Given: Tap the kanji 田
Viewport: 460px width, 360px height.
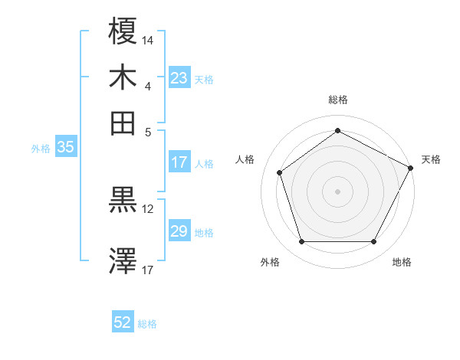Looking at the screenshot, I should (x=123, y=123).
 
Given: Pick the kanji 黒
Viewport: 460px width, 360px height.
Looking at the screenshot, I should (x=123, y=201).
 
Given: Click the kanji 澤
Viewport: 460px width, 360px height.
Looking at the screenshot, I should (x=123, y=260).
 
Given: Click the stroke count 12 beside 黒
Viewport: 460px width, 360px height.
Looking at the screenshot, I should (x=149, y=208).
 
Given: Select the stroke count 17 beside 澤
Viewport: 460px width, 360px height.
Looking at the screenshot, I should (x=149, y=270).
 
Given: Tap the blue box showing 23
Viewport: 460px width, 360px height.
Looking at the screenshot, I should (x=179, y=78).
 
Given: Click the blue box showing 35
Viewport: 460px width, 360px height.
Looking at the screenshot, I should (x=65, y=148).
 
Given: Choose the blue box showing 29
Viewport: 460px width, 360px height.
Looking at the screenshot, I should (x=179, y=231).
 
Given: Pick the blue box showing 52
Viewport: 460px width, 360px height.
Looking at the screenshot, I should (x=123, y=322).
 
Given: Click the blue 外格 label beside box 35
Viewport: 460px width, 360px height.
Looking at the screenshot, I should (x=41, y=149).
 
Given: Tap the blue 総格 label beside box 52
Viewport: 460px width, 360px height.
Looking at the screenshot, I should (x=147, y=324).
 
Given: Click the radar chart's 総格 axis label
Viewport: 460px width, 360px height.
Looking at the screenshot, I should (x=337, y=100).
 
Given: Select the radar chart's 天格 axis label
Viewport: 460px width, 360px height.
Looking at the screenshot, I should (x=431, y=159).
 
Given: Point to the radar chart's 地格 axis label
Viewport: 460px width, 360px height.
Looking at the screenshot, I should (x=402, y=262).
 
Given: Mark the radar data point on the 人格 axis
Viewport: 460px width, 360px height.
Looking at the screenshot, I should (x=280, y=172).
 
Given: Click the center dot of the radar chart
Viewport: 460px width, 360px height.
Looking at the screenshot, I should (x=337, y=191).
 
